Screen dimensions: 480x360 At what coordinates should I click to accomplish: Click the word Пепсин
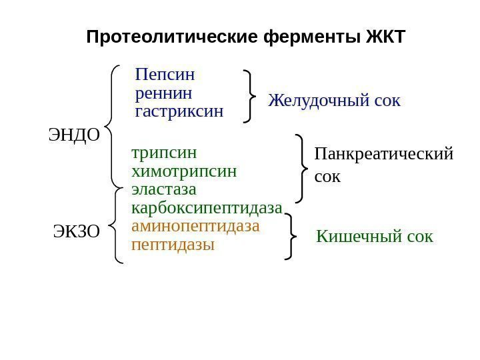[x=169, y=74]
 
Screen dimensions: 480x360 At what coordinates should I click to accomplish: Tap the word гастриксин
[x=179, y=110]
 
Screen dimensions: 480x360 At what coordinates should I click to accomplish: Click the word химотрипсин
[x=185, y=171]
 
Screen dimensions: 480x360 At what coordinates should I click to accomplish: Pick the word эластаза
[x=164, y=190]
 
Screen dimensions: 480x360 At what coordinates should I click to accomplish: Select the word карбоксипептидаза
[x=207, y=207]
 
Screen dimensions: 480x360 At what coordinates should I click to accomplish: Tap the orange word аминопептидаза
[x=195, y=225]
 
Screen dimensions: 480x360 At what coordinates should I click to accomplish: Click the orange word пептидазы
[x=173, y=244]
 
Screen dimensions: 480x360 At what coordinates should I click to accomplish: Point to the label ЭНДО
[x=74, y=136]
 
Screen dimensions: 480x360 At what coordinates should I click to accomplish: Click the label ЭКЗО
[x=76, y=233]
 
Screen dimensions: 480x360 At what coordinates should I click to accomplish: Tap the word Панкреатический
[x=383, y=155]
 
